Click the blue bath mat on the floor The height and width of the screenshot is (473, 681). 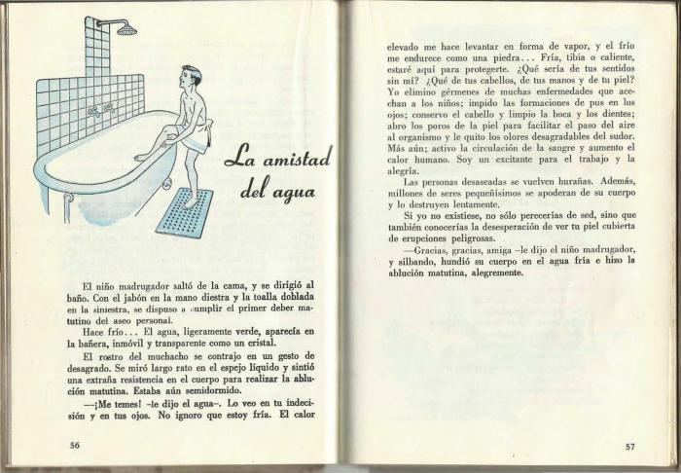(x=185, y=211)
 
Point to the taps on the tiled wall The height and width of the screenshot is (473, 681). (x=100, y=109)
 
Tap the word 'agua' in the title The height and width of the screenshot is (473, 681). (x=294, y=192)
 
